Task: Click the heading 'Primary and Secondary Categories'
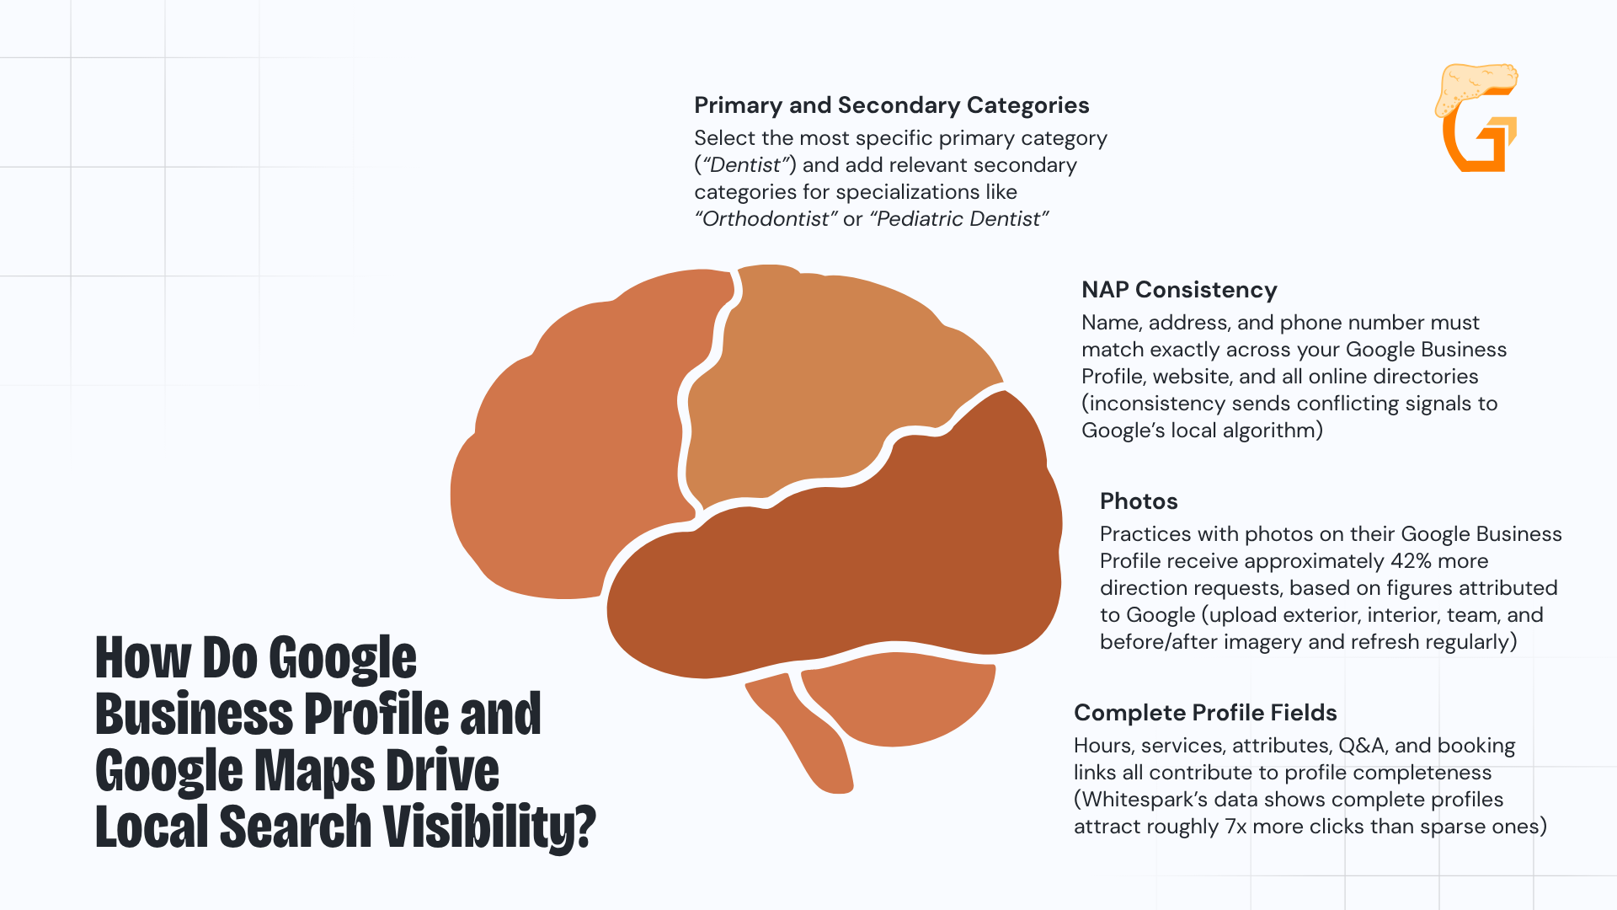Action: coord(891,105)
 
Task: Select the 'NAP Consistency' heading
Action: coord(1179,290)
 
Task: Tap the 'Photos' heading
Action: coord(1139,501)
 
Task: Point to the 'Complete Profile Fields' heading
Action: coord(1205,713)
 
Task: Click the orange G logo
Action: coord(1478,118)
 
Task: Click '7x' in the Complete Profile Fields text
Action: coord(1235,827)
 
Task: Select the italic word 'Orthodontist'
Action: coord(766,219)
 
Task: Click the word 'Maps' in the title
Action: coord(315,771)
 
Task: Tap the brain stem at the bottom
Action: coord(808,733)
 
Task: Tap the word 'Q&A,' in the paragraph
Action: coord(1364,746)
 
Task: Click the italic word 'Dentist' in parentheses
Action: coord(745,165)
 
